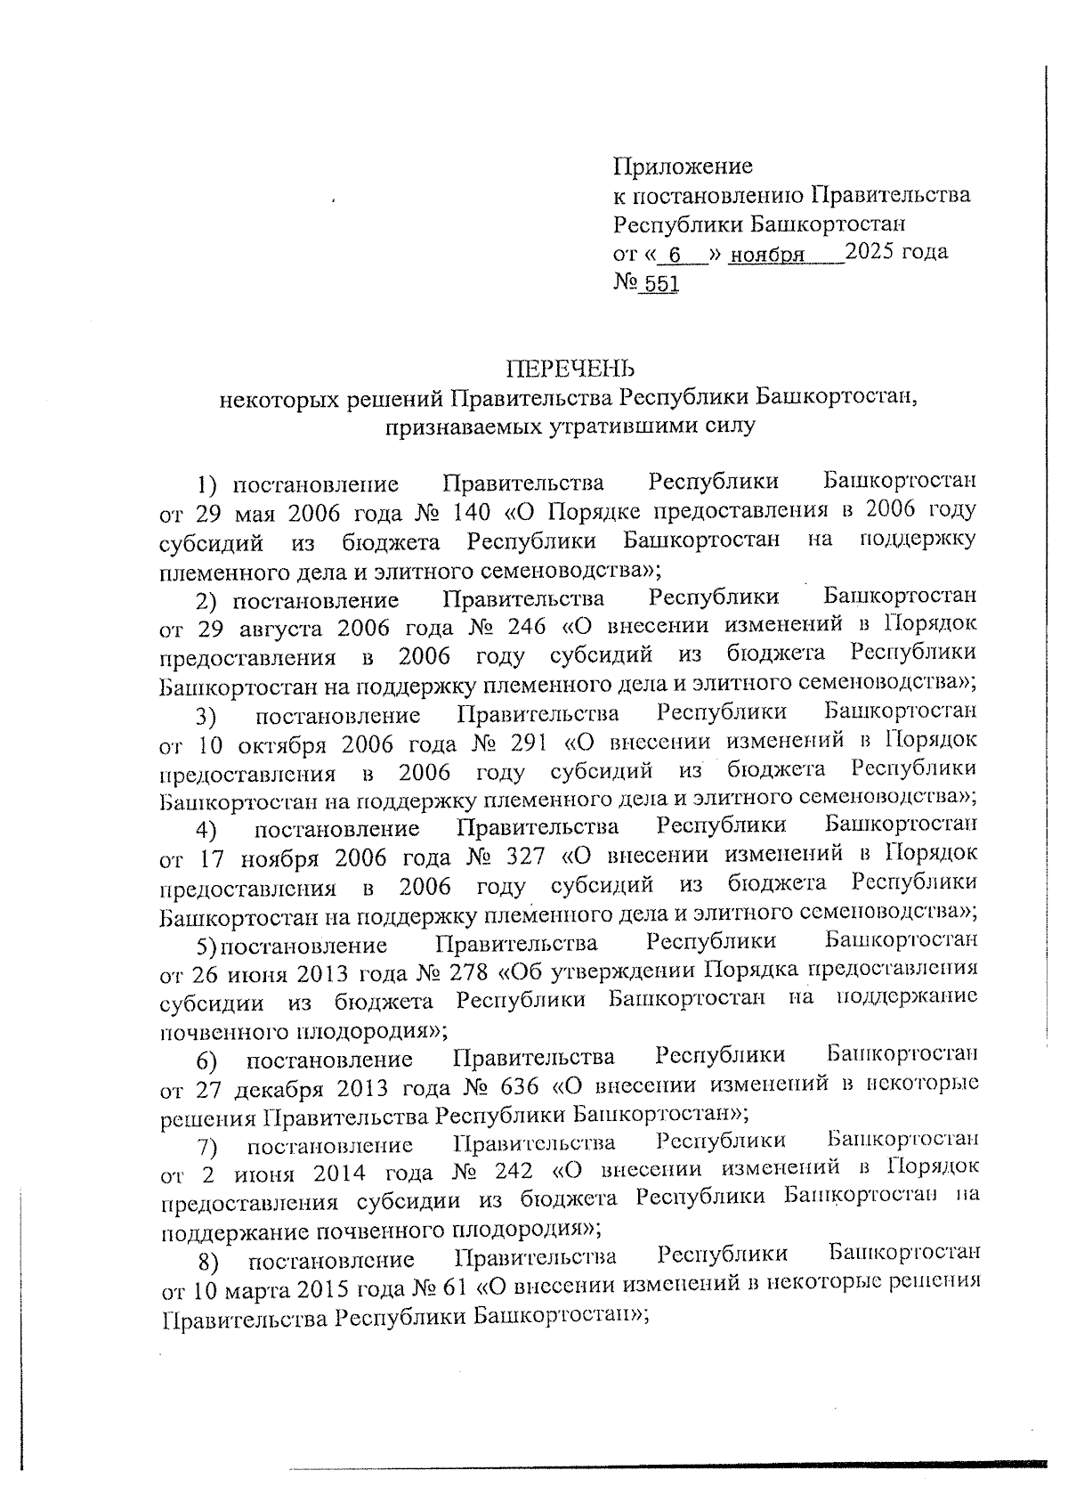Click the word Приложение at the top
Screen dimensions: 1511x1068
point(683,167)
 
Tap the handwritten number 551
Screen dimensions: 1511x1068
point(661,284)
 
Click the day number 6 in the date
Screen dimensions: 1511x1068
point(675,256)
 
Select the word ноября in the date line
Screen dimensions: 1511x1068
point(766,256)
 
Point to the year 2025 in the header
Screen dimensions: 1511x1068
point(872,252)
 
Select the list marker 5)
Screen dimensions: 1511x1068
point(207,945)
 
